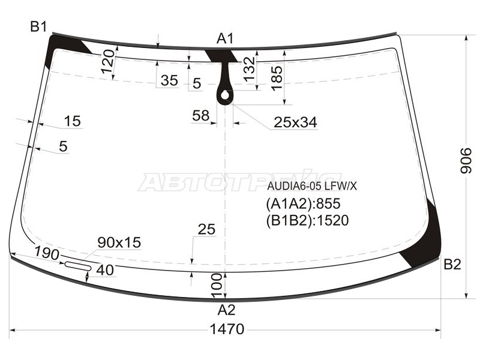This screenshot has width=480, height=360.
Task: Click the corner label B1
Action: coord(38,27)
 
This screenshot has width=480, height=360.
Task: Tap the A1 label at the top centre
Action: coord(226,39)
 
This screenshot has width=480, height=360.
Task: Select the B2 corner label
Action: coord(452,264)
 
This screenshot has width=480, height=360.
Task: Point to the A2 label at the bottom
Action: coord(226,310)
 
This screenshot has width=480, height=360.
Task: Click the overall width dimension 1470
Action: coord(227,329)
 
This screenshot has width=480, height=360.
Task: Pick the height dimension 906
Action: coord(466,161)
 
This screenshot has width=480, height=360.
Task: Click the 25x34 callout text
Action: coord(295,122)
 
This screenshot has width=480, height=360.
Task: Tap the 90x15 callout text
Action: coord(119,242)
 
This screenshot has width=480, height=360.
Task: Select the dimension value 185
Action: coord(277,79)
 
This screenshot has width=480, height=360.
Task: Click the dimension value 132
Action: coord(249,69)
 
